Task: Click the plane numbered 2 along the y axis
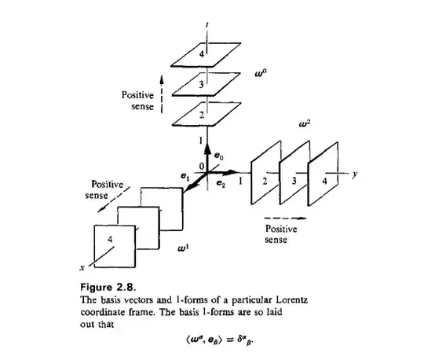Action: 266,182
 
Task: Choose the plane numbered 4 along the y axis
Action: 323,186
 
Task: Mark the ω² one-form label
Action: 307,123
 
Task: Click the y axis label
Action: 356,176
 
